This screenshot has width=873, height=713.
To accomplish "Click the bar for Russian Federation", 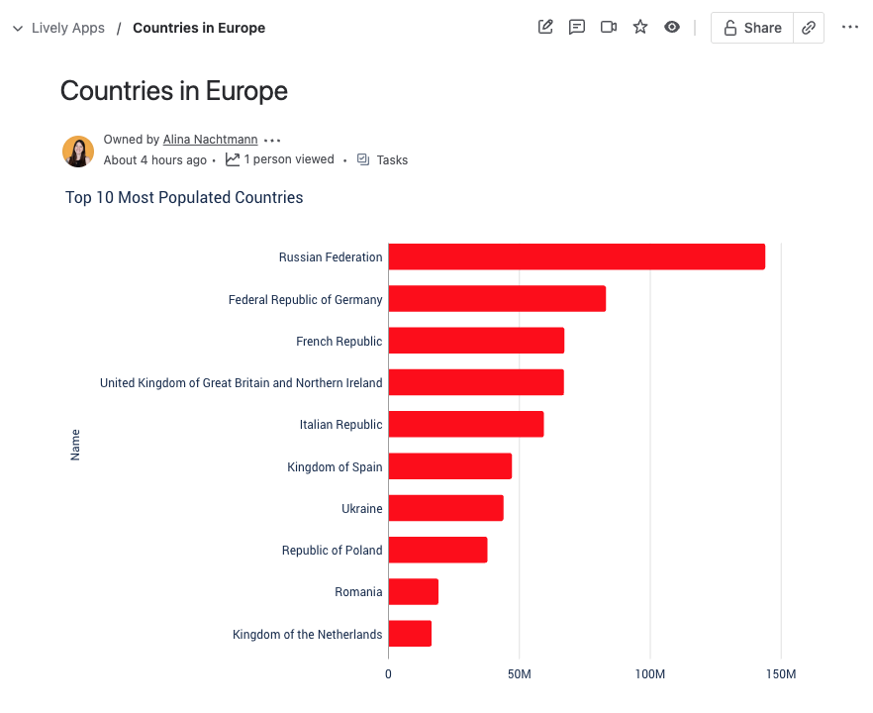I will point(576,256).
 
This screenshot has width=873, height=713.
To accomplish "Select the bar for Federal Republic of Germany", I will point(497,299).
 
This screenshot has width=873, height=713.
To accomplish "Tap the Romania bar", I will point(413,592).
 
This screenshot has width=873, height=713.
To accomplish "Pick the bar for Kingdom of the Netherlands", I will point(410,634).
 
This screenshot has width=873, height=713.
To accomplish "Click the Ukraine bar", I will point(445,508).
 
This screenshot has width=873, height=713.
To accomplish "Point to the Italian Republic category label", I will point(340,425).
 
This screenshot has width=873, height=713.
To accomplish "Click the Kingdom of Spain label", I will point(335,467).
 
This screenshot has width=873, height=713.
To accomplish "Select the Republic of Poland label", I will point(332,551).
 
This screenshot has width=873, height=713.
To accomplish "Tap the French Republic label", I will point(339,342).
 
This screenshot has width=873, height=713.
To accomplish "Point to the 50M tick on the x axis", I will point(519,674).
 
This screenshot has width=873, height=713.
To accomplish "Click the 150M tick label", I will point(780,674).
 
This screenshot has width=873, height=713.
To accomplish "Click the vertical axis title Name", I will point(75,445).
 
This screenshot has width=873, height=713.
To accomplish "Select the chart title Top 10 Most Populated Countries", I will point(184,198).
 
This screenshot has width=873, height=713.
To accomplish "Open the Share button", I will point(752,28).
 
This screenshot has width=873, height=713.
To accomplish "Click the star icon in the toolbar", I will point(640,27).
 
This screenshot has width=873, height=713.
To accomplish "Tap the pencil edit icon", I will point(545,27).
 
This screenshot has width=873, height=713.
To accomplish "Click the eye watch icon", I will point(672,27).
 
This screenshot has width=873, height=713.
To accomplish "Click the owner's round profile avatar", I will point(78,152).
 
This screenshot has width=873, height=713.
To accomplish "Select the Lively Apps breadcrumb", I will point(67,28).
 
